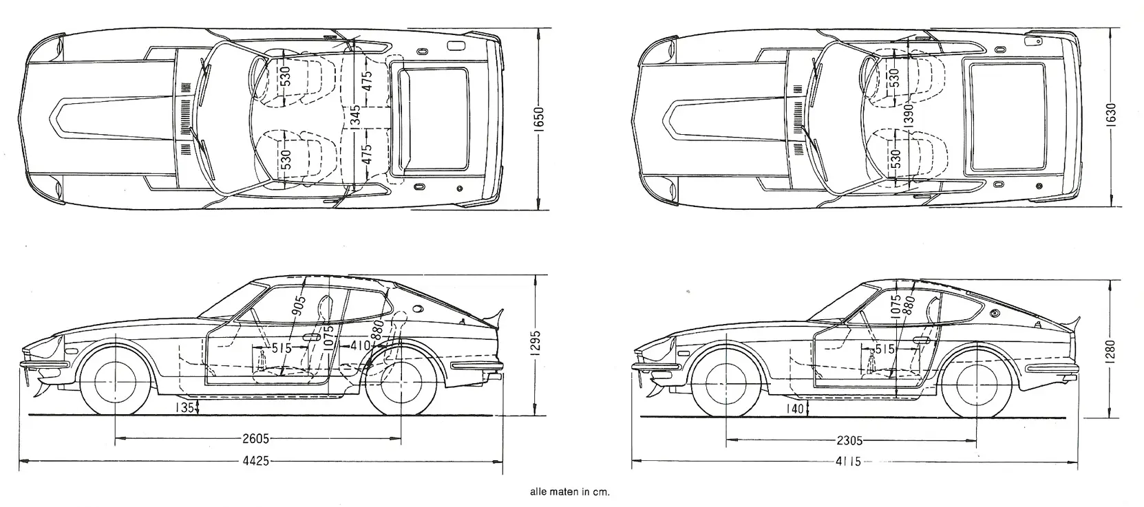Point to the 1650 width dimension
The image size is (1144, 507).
pyautogui.click(x=539, y=121)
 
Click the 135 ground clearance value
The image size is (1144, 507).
pyautogui.click(x=184, y=407)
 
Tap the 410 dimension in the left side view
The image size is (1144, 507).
pyautogui.click(x=359, y=345)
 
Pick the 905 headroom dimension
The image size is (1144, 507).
pyautogui.click(x=297, y=304)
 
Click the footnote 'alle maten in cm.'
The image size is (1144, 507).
pyautogui.click(x=570, y=492)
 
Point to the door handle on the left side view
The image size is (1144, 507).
pyautogui.click(x=311, y=338)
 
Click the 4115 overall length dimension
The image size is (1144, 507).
pyautogui.click(x=849, y=462)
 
